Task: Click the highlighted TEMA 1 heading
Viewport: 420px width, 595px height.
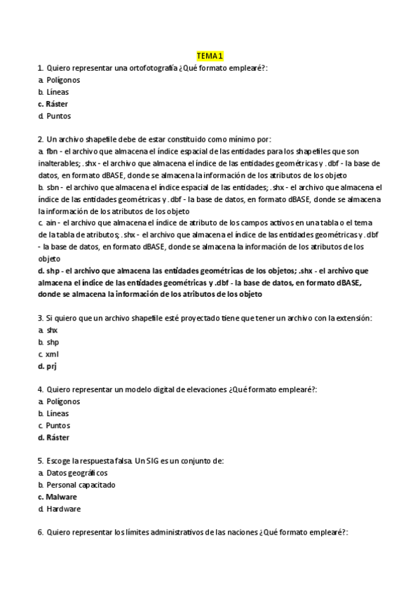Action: coord(210,55)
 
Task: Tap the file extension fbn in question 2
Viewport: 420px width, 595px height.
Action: coord(53,152)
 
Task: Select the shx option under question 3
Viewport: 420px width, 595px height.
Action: coord(52,330)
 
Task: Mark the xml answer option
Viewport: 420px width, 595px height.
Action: coord(52,354)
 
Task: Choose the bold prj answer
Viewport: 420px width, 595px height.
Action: coord(52,366)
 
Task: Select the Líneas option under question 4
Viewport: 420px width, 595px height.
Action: coord(58,413)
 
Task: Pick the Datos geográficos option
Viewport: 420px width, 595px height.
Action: coord(72,473)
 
